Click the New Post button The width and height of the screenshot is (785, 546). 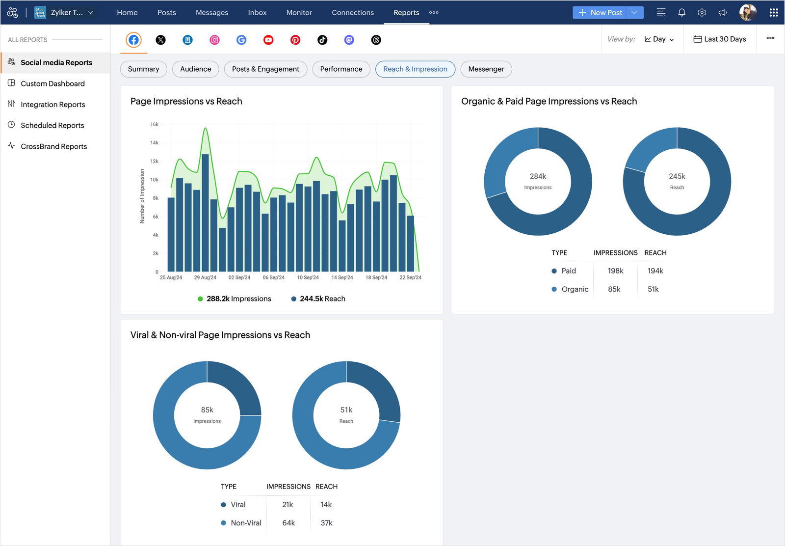pos(600,13)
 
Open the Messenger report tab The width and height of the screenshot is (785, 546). pos(486,69)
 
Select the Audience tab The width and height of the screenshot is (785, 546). pos(195,69)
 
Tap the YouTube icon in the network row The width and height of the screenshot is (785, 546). pos(268,40)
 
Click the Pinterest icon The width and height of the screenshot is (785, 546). pos(295,40)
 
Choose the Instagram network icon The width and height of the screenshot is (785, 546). pos(214,40)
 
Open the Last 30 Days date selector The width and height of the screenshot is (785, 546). pos(719,39)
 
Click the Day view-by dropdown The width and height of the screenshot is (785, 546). pos(659,39)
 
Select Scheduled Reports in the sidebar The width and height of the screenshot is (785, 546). pos(52,125)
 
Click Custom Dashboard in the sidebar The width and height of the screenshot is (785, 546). pos(52,83)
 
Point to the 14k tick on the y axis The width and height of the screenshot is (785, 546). pos(154,143)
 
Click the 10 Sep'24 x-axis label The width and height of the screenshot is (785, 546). pos(308,278)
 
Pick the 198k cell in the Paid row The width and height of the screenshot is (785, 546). pos(615,271)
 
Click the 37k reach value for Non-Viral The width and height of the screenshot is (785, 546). pos(326,523)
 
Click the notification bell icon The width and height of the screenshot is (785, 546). pos(681,13)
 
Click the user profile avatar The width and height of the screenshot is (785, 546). pos(747,13)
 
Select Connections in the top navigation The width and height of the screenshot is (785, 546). pos(352,13)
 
